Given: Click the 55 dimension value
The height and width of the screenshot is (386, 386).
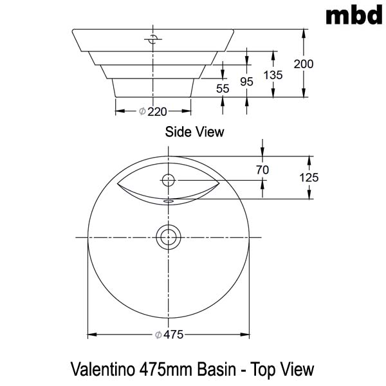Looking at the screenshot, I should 223,89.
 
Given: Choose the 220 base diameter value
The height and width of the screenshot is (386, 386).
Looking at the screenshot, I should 158,112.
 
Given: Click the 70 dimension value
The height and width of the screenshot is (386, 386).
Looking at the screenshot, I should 262,170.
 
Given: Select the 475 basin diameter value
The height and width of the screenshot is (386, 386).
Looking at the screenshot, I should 173,335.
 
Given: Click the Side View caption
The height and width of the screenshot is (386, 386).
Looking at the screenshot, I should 194,133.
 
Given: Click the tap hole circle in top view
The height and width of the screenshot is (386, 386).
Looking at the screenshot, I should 169,179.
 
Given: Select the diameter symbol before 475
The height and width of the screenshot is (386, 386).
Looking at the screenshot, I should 158,335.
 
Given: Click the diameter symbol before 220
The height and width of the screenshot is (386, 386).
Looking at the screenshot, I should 142,112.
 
